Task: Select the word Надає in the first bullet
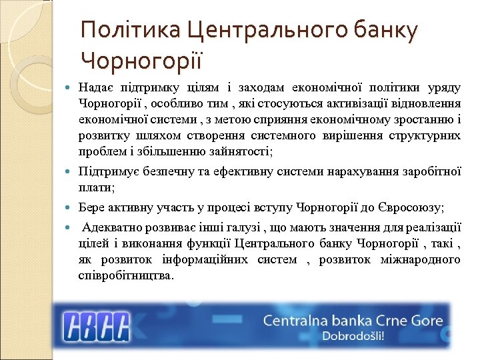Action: (x=94, y=88)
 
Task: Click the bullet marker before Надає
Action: (x=71, y=89)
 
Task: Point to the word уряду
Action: (x=443, y=88)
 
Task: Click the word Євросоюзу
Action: (x=413, y=208)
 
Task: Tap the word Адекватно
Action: (x=111, y=227)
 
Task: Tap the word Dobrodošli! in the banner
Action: (x=353, y=336)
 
